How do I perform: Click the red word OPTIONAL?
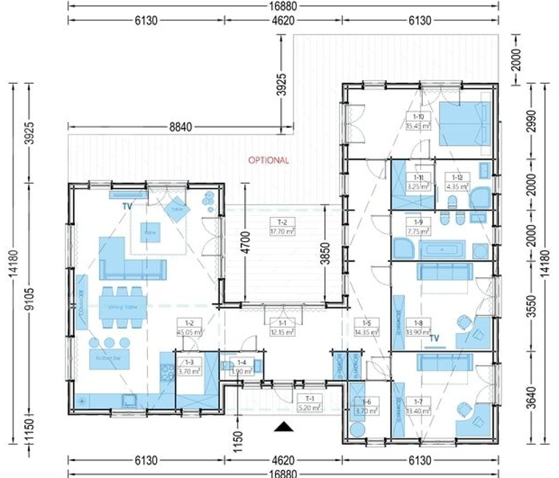pyautogui.click(x=268, y=160)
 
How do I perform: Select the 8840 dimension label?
pyautogui.click(x=180, y=127)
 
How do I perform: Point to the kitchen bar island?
pyautogui.click(x=108, y=358)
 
